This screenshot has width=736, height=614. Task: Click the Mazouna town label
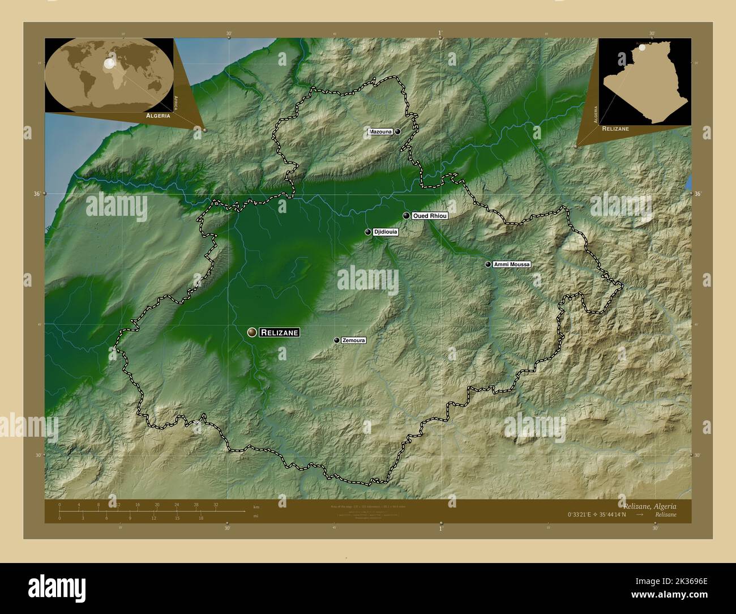[x=380, y=132]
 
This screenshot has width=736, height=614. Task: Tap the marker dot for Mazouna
[x=398, y=131]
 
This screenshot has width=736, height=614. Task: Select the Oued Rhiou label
[x=430, y=216]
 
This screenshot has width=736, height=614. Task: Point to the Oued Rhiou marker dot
[x=406, y=216]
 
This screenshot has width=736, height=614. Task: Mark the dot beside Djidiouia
[x=368, y=232]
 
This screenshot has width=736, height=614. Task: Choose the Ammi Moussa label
[x=512, y=265]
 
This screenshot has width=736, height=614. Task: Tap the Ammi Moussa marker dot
[x=488, y=264]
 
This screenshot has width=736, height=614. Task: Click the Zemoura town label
[x=354, y=340]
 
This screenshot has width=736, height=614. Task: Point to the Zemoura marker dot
[x=337, y=340]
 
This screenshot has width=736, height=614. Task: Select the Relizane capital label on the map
[x=279, y=333]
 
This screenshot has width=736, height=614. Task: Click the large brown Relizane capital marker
[x=252, y=332]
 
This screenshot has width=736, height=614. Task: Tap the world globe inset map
[x=109, y=75]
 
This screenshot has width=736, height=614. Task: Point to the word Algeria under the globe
[x=158, y=115]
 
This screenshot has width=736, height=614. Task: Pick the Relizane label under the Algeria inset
[x=615, y=129]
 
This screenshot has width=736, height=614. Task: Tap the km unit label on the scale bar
[x=256, y=506]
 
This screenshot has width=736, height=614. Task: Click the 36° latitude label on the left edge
[x=37, y=194]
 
